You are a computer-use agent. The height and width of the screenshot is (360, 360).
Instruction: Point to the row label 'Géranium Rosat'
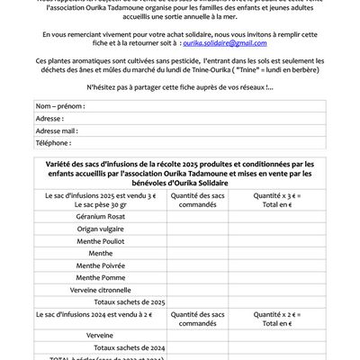coord(102,216)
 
